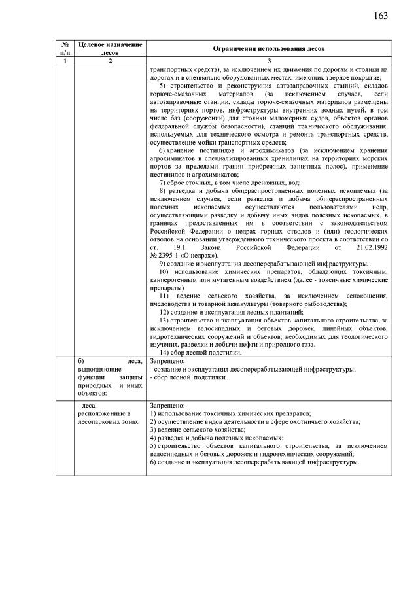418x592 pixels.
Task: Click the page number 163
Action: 381,16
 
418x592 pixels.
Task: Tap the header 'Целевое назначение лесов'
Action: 110,48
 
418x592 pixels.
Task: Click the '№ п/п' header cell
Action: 65,48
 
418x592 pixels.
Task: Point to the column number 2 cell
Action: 110,61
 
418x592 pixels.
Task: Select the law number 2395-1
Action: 169,256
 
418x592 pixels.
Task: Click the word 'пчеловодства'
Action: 172,304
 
